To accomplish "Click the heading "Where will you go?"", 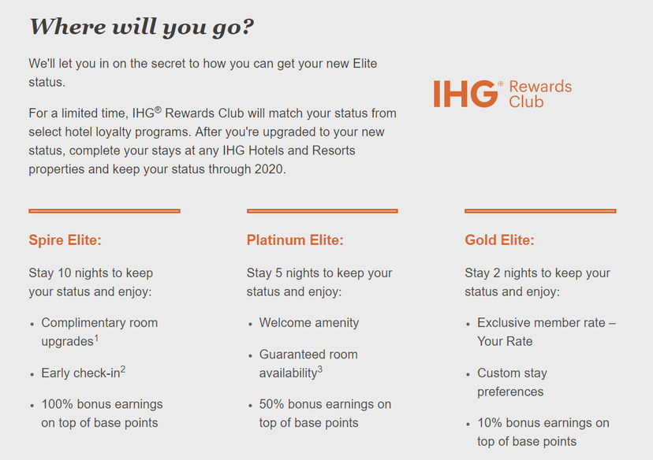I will (141, 27).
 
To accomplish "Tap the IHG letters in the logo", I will (465, 94).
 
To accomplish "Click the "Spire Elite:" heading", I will (65, 240).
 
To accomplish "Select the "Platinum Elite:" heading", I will (295, 240).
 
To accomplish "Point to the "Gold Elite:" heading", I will (499, 240).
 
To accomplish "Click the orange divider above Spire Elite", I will (104, 211).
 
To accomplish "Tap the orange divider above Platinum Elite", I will (322, 211).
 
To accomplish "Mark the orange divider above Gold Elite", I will (540, 211).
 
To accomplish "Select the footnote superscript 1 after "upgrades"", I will (97, 337).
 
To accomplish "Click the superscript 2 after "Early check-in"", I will (123, 369).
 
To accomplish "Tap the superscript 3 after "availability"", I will (320, 369).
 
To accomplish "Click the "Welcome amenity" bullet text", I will (309, 323).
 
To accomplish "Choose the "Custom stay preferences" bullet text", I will (512, 382).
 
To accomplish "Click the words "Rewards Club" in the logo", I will (539, 94).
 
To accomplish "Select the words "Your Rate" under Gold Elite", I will (505, 342).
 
